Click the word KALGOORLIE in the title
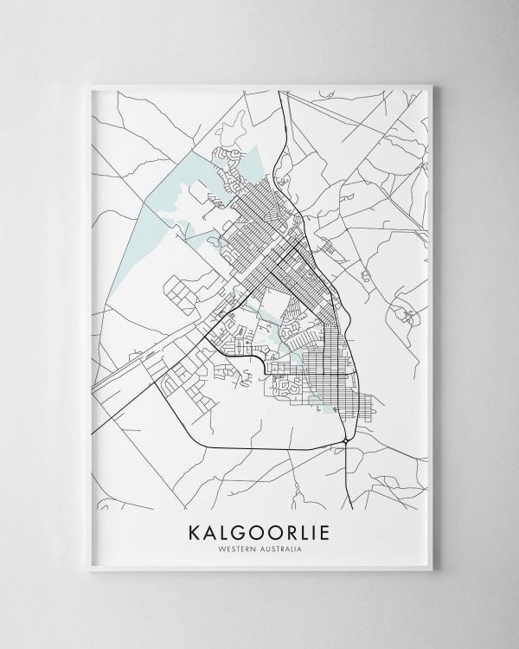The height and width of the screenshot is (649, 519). [259, 530]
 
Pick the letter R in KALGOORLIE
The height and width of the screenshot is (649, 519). [290, 530]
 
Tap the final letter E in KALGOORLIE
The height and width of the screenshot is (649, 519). [330, 530]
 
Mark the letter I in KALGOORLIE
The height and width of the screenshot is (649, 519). [317, 530]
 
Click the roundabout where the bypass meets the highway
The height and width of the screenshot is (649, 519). [347, 440]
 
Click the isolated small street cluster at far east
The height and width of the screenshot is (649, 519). [403, 313]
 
